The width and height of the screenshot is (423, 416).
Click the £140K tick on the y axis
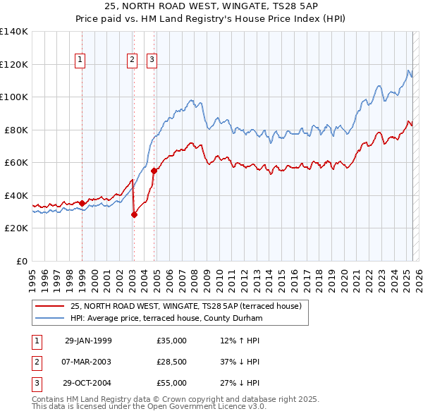point(15,32)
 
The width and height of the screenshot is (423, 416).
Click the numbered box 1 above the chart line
point(81,61)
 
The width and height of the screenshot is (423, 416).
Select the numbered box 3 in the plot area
point(152,61)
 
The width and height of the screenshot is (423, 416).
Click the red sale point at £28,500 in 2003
point(134,215)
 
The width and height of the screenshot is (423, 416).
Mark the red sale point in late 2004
point(154,171)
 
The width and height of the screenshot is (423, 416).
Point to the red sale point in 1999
point(82,204)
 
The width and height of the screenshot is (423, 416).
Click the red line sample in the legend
point(50,306)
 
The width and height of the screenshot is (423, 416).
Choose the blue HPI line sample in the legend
point(50,318)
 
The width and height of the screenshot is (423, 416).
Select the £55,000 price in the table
point(172,383)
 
